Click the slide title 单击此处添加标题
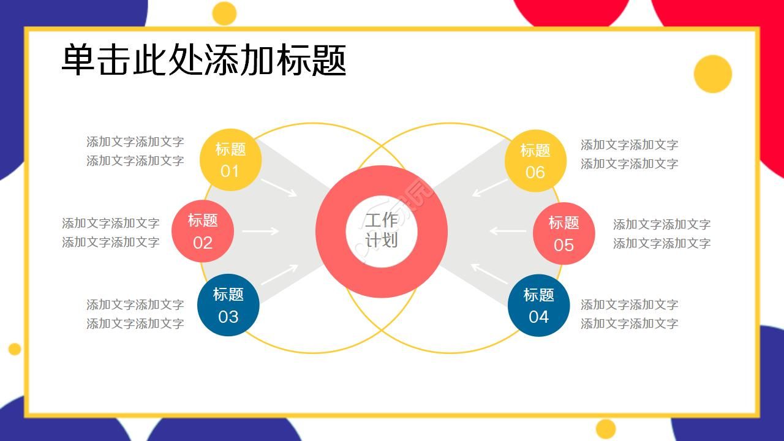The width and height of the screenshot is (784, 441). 204,60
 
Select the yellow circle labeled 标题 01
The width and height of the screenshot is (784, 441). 230,160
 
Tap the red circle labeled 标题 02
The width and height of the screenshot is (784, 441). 203,232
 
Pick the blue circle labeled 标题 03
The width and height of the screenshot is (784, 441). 228,305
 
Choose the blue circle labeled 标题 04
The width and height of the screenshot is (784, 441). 538,305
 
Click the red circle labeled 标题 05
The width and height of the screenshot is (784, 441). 563,233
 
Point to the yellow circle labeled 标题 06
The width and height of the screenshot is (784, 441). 535,160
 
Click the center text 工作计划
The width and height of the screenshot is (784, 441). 381,230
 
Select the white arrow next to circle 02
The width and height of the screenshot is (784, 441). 260,231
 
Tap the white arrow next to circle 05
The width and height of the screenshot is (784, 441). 507,231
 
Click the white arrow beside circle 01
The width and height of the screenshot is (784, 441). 279,187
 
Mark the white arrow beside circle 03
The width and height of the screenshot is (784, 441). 279,274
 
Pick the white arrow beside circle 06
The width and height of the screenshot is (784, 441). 490,187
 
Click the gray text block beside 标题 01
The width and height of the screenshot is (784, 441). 135,151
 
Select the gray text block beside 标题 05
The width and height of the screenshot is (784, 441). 661,233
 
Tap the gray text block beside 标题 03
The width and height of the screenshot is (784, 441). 135,314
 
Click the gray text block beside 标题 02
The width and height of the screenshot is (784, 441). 110,232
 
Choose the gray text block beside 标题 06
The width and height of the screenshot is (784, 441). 629,154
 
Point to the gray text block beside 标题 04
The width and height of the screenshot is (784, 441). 629,314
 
